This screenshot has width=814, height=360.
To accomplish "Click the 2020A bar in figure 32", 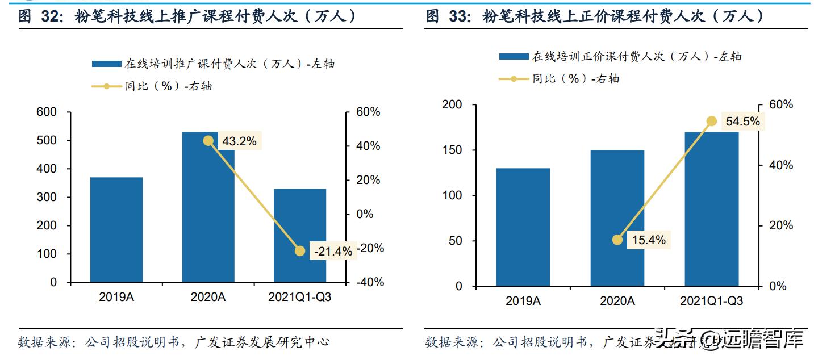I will (208, 216).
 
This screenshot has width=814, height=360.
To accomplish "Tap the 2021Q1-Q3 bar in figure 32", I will (300, 227).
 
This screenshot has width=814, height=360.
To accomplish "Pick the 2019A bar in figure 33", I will (523, 227).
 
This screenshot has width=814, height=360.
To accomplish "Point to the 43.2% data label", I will (239, 141).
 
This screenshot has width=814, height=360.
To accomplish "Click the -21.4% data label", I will (332, 250).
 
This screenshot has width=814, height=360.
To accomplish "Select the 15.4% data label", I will (648, 240).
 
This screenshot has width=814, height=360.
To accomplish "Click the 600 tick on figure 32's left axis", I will (46, 112).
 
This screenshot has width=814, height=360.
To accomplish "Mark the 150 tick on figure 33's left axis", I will (452, 150).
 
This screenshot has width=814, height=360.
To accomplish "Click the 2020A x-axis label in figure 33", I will (617, 301).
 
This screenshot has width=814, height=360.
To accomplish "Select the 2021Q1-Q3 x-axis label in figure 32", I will (300, 298).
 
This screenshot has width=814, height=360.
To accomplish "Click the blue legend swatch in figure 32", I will (106, 64).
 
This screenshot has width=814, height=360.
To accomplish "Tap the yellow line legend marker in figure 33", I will (514, 79).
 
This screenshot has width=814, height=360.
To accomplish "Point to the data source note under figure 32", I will (174, 342).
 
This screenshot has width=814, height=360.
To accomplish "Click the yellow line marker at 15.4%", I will (617, 240).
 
